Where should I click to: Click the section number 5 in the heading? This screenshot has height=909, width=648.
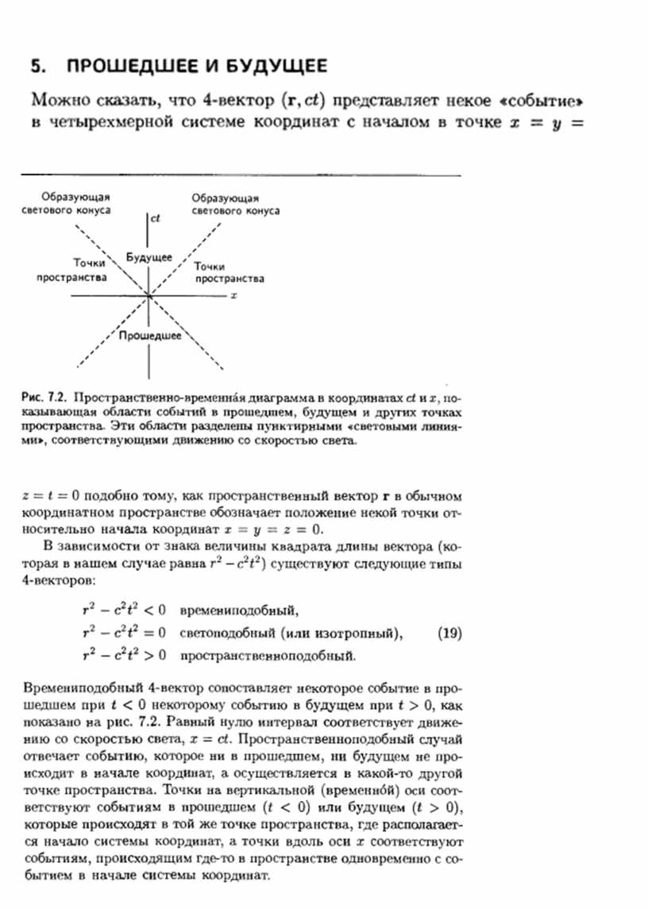[35, 66]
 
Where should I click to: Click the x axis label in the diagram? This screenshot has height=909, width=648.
[235, 295]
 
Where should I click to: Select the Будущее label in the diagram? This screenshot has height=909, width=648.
[149, 258]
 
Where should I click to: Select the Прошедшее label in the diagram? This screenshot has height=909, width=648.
[149, 337]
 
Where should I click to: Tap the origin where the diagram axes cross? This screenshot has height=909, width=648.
[148, 296]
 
